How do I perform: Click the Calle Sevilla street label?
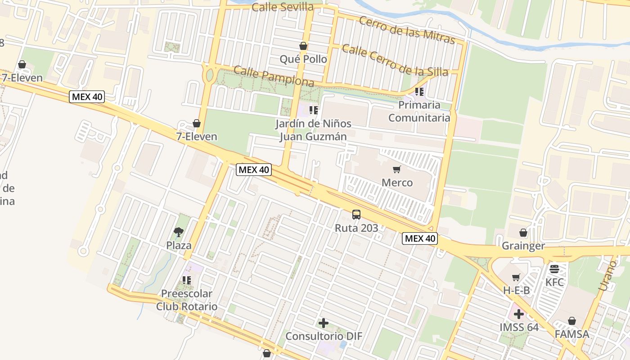tap(282, 7)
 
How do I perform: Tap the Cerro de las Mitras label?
tap(407, 30)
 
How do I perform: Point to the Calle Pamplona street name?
tap(274, 76)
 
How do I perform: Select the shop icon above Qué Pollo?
tap(303, 46)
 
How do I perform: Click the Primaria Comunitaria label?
tap(419, 111)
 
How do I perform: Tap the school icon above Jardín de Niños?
tap(314, 110)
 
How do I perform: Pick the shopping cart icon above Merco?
tap(396, 170)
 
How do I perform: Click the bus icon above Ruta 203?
tap(356, 215)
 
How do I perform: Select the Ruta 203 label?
tap(356, 228)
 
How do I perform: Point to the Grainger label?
tap(523, 246)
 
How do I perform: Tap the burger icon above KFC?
tap(554, 269)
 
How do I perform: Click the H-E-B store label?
tap(516, 291)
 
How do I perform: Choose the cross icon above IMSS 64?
tap(519, 314)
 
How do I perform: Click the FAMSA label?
tap(572, 334)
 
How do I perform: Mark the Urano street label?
tap(607, 274)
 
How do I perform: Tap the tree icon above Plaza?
tap(179, 232)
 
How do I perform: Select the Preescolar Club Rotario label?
tap(187, 300)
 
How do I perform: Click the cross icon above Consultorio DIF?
tap(324, 323)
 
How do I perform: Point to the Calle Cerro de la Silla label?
tap(395, 60)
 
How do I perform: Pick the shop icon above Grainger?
tap(523, 233)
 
